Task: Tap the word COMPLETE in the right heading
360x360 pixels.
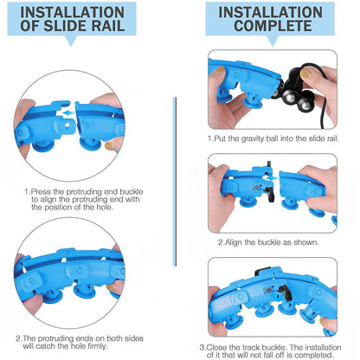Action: (273, 26)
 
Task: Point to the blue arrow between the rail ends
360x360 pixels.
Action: (68, 112)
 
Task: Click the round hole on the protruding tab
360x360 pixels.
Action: (67, 125)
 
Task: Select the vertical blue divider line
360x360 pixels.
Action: (175, 182)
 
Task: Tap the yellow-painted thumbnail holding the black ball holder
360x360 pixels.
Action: (306, 73)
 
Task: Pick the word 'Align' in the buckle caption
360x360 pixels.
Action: (234, 242)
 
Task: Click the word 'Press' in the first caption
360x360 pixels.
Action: (39, 192)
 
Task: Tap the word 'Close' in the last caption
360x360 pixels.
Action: (215, 347)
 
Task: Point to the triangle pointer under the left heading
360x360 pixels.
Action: (71, 41)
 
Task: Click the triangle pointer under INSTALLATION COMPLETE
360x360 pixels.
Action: (273, 41)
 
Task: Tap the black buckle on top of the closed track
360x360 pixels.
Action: (262, 272)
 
